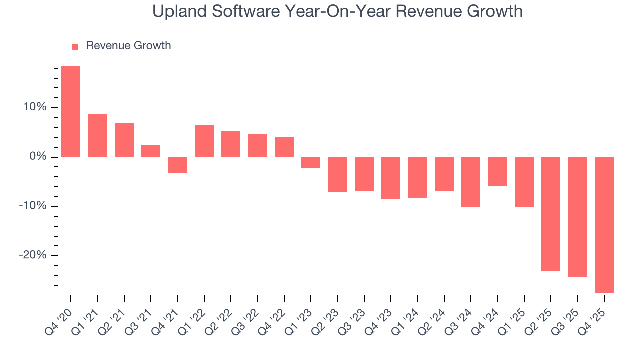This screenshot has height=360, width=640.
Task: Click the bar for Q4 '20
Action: coord(71,112)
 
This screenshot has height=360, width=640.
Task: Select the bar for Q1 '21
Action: coord(97,136)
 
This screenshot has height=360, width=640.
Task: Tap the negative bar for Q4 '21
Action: coord(178,165)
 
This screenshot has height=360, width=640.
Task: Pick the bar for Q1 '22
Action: coord(204,141)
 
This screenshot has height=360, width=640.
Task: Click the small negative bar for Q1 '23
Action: coord(311,162)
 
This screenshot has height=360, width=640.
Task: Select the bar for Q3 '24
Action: coord(471,182)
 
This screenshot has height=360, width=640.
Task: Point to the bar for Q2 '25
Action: coord(551,214)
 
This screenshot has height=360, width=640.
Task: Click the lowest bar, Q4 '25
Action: coord(604,225)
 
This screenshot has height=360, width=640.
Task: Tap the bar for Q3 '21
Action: coord(151,151)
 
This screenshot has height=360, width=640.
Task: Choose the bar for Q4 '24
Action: coord(497,171)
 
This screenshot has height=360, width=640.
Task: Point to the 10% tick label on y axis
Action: coord(34,108)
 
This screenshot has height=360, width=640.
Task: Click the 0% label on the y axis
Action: coord(37,157)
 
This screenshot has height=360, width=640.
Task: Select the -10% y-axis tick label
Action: coord(32,206)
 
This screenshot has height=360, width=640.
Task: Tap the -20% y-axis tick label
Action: coord(32,255)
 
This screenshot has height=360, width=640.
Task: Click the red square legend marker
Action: coord(75,46)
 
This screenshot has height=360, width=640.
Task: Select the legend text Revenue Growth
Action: coord(128,46)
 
